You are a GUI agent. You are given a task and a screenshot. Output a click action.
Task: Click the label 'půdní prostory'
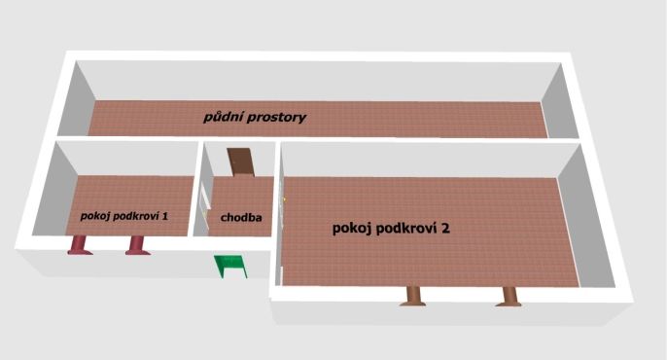[255, 118]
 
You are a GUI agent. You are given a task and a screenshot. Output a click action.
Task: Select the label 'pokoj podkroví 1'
[125, 216]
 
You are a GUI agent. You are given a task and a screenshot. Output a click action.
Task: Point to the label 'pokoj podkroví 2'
[390, 229]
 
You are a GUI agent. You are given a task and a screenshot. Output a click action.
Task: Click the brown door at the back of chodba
[239, 162]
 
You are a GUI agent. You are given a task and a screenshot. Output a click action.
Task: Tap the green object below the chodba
[231, 264]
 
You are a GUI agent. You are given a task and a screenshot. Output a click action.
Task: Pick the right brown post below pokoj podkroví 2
[508, 295]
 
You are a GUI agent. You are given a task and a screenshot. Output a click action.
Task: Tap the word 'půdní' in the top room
[221, 118]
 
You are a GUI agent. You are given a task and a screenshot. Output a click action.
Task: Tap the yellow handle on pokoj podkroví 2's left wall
[283, 200]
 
